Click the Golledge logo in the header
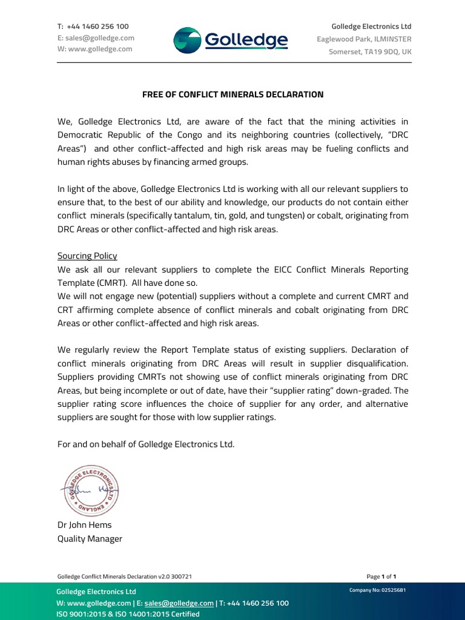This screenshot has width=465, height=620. [x=231, y=40]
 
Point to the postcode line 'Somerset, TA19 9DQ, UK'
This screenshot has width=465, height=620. [x=370, y=51]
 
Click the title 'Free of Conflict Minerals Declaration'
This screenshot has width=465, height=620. [x=232, y=94]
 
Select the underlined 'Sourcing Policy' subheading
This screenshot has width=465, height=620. [x=87, y=256]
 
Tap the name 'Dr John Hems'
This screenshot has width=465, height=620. [x=84, y=525]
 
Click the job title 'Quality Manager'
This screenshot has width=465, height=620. [x=90, y=538]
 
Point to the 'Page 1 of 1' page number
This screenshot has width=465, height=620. [x=381, y=577]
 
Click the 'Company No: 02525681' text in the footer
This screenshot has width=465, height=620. [x=377, y=590]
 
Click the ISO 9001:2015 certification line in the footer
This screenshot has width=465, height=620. [x=128, y=614]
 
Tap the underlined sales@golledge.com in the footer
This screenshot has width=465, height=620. [x=179, y=603]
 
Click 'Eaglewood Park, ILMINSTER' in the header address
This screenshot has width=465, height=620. [x=364, y=39]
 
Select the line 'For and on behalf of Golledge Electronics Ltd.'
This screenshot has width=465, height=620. [x=145, y=444]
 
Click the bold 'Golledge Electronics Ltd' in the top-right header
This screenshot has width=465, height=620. [x=371, y=27]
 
